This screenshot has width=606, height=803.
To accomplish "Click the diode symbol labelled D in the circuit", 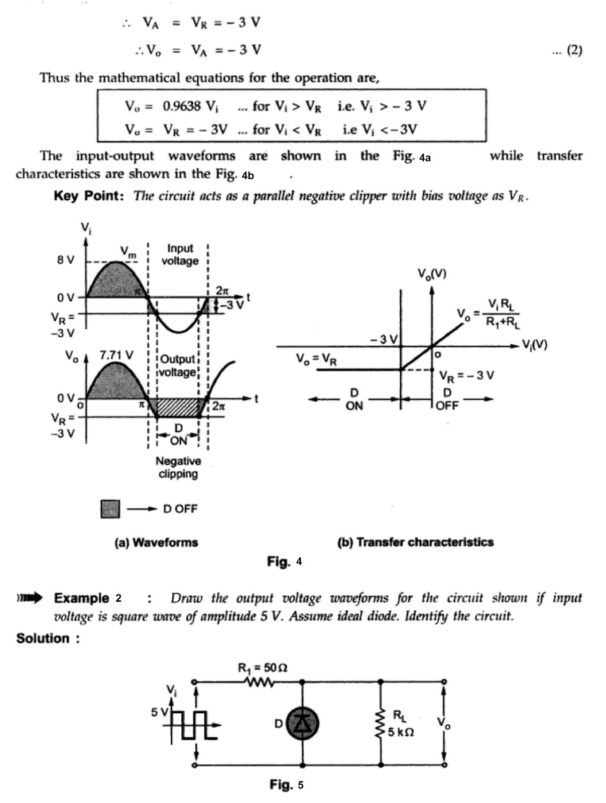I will (302, 723).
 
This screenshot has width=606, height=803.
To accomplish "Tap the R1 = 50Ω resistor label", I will (262, 668).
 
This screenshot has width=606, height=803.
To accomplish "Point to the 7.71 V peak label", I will (116, 355).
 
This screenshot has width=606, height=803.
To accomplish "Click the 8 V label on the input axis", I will (65, 260).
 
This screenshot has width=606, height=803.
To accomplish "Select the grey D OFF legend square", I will (110, 509).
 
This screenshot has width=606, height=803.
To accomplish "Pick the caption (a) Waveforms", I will (156, 542).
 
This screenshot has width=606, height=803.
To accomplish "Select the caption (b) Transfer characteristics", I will (415, 542).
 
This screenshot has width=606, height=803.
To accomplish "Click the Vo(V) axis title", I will (432, 274).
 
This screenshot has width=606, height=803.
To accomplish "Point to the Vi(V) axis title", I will (535, 344).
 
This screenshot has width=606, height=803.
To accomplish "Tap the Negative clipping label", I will (178, 467).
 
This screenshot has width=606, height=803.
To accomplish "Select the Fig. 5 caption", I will (286, 784).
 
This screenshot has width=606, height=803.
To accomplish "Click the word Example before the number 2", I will (81, 598).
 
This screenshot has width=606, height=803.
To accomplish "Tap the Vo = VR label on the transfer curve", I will (316, 359).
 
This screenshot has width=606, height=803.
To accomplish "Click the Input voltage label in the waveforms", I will (180, 254).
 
